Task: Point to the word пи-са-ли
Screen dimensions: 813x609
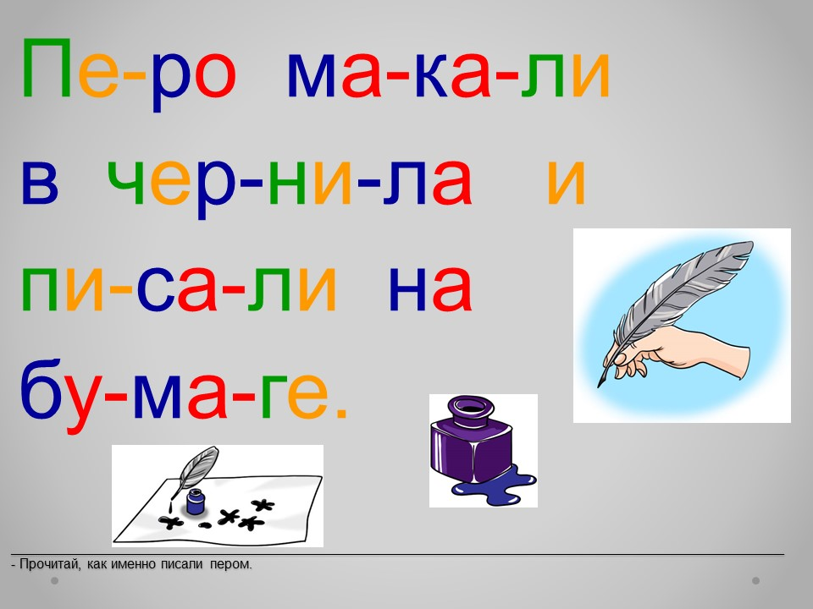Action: (x=179, y=288)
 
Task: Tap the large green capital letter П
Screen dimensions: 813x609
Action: (x=46, y=68)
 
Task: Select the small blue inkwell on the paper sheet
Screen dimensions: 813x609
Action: (x=196, y=502)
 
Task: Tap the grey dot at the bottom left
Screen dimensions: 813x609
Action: (x=55, y=580)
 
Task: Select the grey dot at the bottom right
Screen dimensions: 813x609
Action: (x=756, y=580)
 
